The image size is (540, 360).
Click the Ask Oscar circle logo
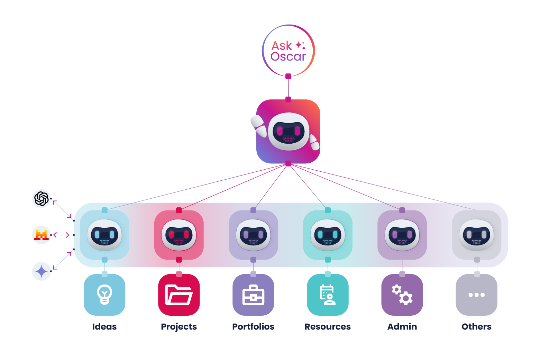[288, 51]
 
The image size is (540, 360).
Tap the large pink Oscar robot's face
[289, 132]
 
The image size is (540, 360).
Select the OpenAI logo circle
[42, 199]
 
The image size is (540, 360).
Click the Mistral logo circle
[42, 235]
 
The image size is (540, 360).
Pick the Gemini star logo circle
[42, 271]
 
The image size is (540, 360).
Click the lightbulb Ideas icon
[104, 295]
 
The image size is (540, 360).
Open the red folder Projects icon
[179, 295]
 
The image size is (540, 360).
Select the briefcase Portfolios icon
[253, 295]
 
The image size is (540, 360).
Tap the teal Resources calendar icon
[328, 295]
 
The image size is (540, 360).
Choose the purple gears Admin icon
[402, 295]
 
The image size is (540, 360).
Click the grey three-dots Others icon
[476, 295]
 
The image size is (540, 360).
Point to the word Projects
[179, 327]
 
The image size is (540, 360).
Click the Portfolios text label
[253, 327]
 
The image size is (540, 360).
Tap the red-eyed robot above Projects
[179, 235]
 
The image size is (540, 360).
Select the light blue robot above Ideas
[104, 235]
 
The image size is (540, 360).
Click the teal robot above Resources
[328, 235]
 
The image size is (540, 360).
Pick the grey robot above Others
[476, 235]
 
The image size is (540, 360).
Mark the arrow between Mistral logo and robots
[62, 235]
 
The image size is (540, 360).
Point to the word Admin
[402, 327]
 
